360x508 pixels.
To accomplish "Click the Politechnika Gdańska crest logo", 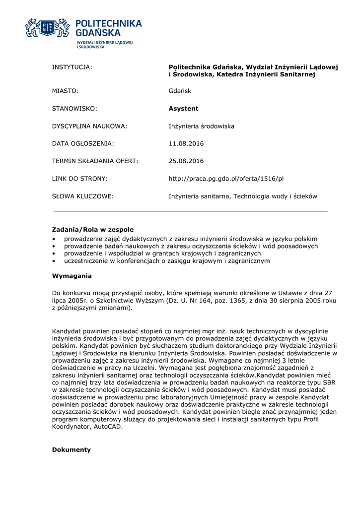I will click(x=47, y=29).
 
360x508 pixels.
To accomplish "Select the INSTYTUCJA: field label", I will click(x=72, y=67).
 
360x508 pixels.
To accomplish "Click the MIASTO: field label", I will click(x=66, y=91).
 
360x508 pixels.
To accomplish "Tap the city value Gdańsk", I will click(x=180, y=91).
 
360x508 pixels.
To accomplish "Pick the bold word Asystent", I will click(x=183, y=109).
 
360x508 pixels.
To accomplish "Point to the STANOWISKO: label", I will click(x=74, y=109).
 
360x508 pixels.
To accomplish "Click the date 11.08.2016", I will click(x=186, y=144).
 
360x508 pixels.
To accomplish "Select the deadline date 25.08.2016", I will click(x=186, y=161).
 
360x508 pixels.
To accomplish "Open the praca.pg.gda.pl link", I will click(x=226, y=179).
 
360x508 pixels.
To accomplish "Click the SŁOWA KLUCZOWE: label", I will click(x=83, y=196).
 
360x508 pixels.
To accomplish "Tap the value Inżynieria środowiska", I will click(x=202, y=127).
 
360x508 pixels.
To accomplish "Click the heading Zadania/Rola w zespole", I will click(x=93, y=230).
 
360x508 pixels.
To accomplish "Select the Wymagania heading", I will click(x=72, y=276).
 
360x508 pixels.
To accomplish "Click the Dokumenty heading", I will click(x=72, y=450).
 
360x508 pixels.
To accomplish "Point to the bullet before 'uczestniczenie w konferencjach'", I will click(x=54, y=261).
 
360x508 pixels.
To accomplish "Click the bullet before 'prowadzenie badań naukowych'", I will click(x=54, y=247).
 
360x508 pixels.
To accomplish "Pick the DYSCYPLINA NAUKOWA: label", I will click(x=90, y=127).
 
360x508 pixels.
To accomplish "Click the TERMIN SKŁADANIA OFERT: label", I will click(x=95, y=161).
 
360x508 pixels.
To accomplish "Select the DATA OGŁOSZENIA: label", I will click(x=83, y=144).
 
